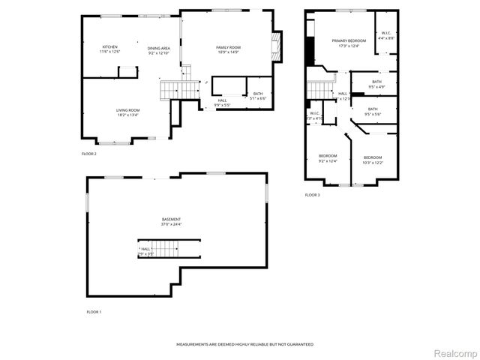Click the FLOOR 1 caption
tap(94, 310)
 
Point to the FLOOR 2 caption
tap(89, 154)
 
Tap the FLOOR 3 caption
tap(312, 195)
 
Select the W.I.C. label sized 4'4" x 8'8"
tap(385, 35)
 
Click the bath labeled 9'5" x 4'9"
tap(376, 84)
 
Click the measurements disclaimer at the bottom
tap(244, 344)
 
